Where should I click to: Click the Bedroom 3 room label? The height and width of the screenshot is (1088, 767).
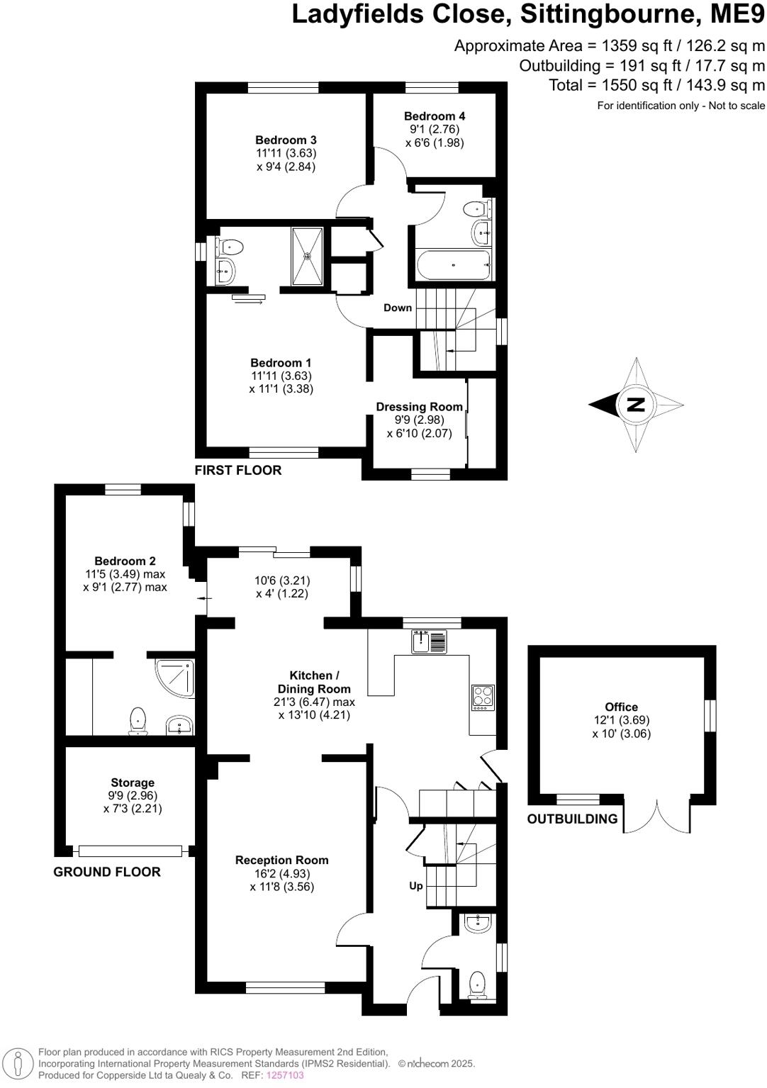(286, 140)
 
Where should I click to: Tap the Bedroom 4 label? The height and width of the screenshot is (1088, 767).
(435, 116)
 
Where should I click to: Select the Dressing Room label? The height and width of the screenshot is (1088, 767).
(419, 407)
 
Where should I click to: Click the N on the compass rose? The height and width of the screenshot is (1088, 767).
(636, 405)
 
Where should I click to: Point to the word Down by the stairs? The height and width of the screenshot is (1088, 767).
(398, 308)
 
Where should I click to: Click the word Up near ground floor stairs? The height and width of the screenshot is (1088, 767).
(416, 885)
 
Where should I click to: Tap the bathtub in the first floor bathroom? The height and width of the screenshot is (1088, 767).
(453, 265)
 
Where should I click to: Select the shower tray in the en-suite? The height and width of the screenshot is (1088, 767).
(308, 256)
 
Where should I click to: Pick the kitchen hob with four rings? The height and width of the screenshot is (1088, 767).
(483, 697)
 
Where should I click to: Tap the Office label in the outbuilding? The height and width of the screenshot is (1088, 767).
(621, 707)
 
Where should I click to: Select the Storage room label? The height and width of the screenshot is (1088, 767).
(133, 783)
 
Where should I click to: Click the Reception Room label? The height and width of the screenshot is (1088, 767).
(282, 860)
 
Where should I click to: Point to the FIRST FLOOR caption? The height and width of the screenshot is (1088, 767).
(238, 470)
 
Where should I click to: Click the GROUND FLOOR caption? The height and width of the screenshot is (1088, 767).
(107, 872)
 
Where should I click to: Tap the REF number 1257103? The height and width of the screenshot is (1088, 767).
(285, 1075)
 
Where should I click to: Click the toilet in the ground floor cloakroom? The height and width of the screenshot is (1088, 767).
(478, 984)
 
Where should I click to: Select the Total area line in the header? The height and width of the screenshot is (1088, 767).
(656, 85)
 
